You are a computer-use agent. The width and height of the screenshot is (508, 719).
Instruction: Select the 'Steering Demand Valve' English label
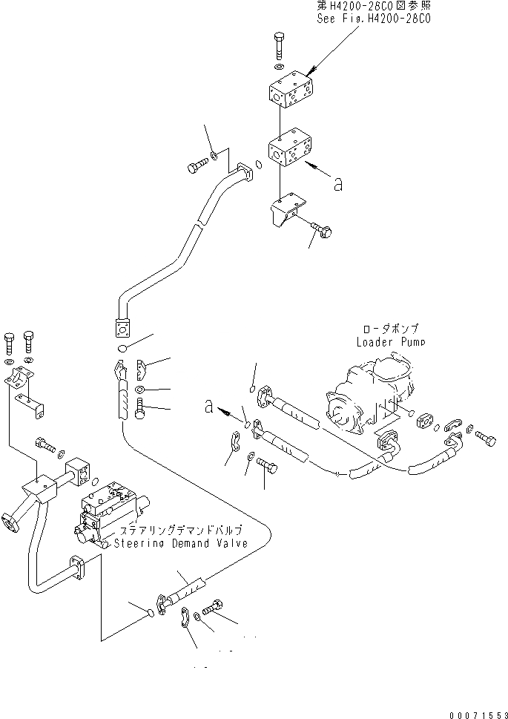(181, 543)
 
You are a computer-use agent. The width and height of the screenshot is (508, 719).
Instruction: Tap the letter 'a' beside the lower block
(338, 185)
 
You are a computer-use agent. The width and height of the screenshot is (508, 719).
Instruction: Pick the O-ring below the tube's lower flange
(123, 348)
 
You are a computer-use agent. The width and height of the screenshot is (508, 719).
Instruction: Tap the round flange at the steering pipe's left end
(12, 519)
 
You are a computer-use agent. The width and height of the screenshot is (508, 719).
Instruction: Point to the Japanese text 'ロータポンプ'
(391, 328)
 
